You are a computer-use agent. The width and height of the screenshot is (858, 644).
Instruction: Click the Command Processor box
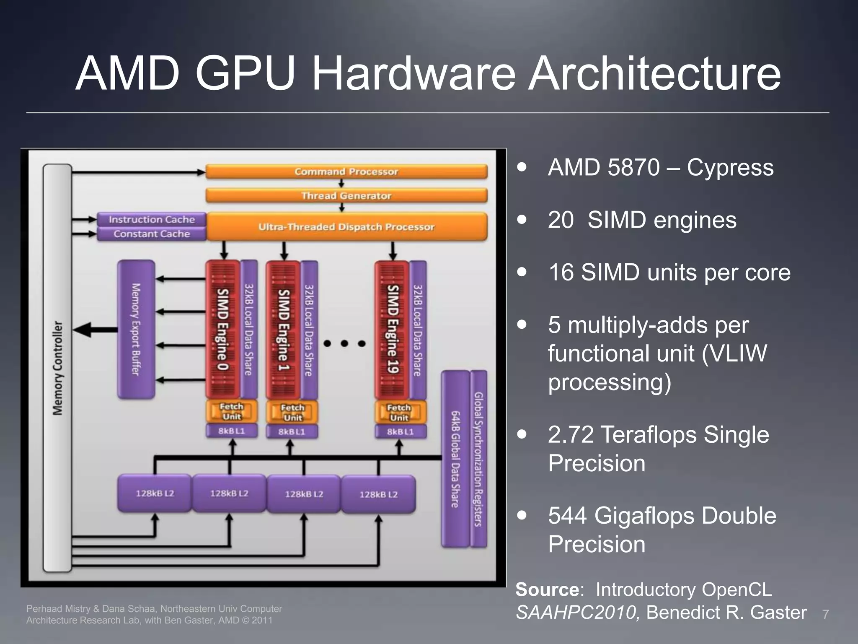(346, 171)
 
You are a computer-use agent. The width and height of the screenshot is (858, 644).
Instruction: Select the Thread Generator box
(346, 196)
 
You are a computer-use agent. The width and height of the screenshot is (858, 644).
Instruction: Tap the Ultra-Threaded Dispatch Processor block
(346, 227)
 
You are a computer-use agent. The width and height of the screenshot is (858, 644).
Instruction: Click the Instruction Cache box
(152, 219)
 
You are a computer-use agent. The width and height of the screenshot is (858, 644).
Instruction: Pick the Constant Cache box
(152, 234)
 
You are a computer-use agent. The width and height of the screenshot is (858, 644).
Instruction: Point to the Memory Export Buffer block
(136, 329)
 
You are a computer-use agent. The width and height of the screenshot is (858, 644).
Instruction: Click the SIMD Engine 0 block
(222, 329)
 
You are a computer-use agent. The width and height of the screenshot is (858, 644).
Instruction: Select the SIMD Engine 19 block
(392, 329)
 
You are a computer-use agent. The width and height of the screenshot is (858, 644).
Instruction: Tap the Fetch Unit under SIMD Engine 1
(292, 413)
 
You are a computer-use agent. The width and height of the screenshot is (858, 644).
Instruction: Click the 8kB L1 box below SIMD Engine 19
(400, 431)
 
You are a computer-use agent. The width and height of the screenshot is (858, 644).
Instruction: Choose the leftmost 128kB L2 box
(155, 493)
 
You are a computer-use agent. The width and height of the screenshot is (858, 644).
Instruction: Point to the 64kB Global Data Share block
(455, 459)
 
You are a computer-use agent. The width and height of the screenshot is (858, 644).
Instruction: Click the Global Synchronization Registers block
(478, 459)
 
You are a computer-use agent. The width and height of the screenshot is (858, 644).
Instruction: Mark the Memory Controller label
(57, 368)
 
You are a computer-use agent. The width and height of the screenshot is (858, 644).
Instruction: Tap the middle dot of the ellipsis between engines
(344, 344)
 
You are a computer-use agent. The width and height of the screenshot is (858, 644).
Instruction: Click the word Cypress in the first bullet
(730, 168)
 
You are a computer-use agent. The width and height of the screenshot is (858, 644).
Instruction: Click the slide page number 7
(825, 615)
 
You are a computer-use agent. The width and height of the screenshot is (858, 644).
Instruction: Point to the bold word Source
(547, 589)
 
